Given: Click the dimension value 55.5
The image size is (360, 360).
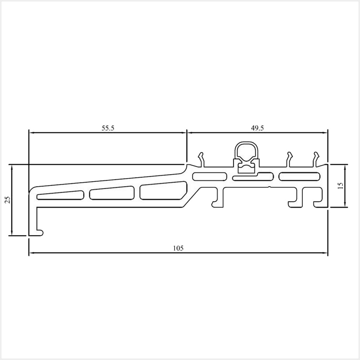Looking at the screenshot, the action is (108, 127).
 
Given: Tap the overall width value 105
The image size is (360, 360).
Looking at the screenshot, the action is (178, 248).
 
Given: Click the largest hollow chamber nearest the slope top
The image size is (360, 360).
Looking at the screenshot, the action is (164, 191).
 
